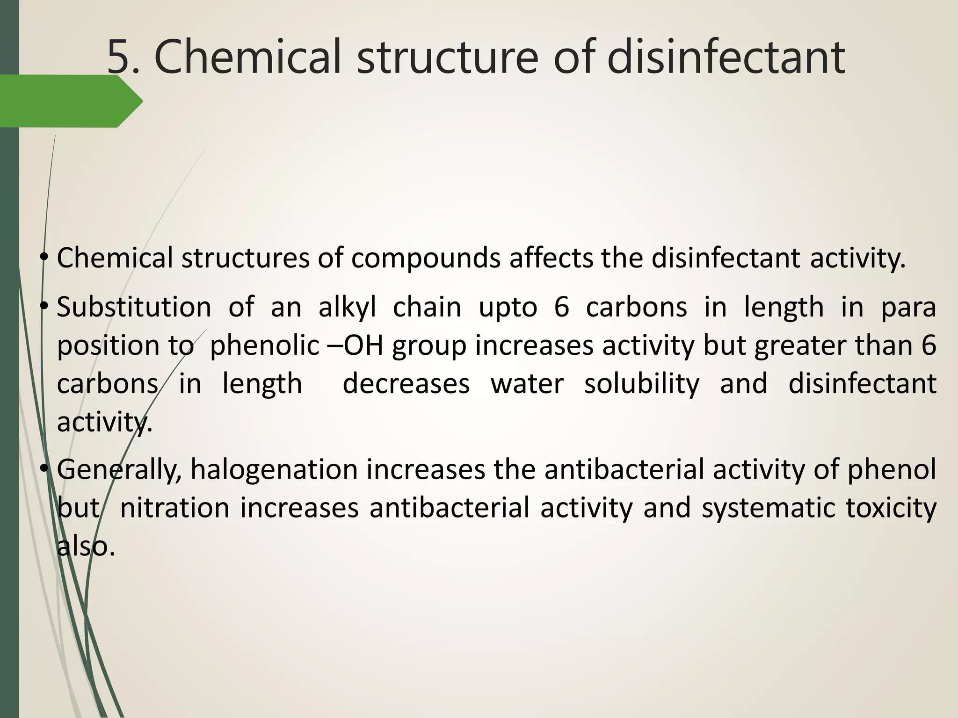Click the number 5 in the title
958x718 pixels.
(119, 57)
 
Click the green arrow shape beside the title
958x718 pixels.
(70, 101)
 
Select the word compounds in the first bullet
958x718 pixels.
(426, 258)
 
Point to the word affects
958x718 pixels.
(551, 258)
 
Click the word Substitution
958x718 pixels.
(134, 308)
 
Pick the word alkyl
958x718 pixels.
(347, 308)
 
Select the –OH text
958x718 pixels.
(356, 346)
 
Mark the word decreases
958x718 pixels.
(406, 384)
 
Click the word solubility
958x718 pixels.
(642, 384)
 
